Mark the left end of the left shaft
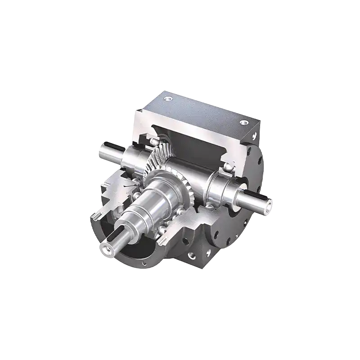point(100,150)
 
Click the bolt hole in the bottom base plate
point(192,255)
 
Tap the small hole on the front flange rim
point(143,262)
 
